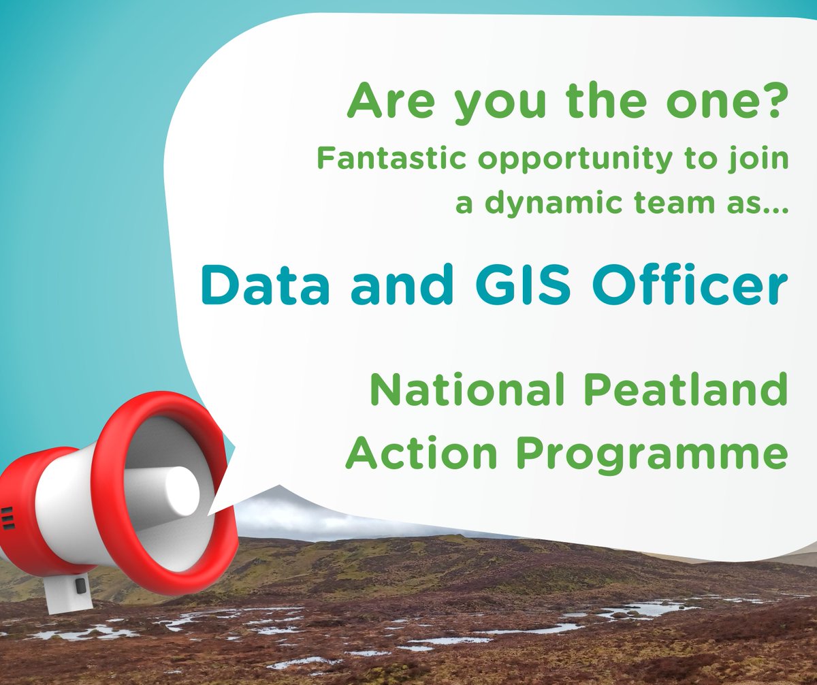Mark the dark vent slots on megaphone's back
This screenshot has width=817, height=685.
point(7,517)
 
